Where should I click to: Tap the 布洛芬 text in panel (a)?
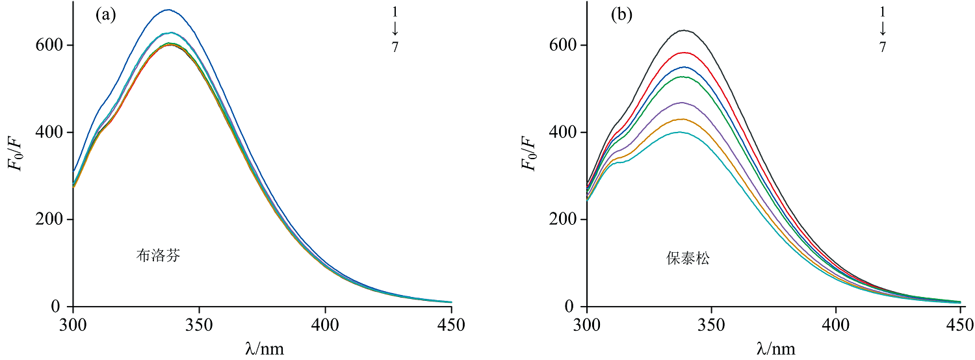(x=158, y=255)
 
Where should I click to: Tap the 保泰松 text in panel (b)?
(x=688, y=258)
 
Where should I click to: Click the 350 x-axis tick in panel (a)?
(x=199, y=324)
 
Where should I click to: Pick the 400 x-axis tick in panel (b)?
(x=836, y=324)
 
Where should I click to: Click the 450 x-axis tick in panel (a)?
(x=451, y=324)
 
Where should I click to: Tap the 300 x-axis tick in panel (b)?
(x=587, y=324)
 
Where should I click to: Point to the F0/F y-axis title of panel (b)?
(x=530, y=155)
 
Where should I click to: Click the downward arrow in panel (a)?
(x=395, y=29)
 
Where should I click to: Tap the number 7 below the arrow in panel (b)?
(x=882, y=47)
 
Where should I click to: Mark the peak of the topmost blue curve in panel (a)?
(x=168, y=10)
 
